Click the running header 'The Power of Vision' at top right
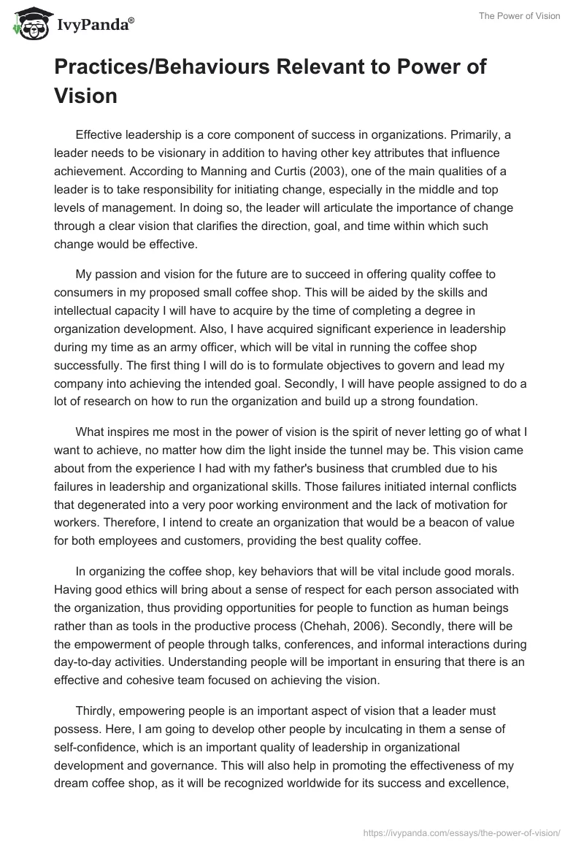pyautogui.click(x=520, y=17)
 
